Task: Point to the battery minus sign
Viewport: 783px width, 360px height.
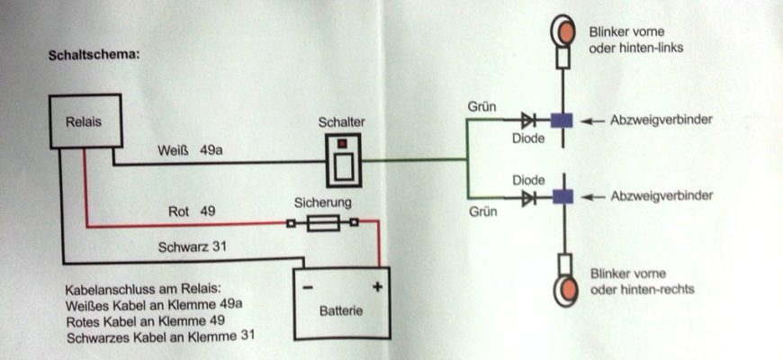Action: point(308,288)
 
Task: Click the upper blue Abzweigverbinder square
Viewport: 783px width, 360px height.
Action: point(562,121)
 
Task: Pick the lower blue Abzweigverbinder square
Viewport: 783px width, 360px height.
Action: point(562,196)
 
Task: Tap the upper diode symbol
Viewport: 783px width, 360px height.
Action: point(528,121)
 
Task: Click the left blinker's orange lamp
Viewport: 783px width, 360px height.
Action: point(563,30)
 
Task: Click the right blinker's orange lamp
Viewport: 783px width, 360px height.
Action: point(566,290)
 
